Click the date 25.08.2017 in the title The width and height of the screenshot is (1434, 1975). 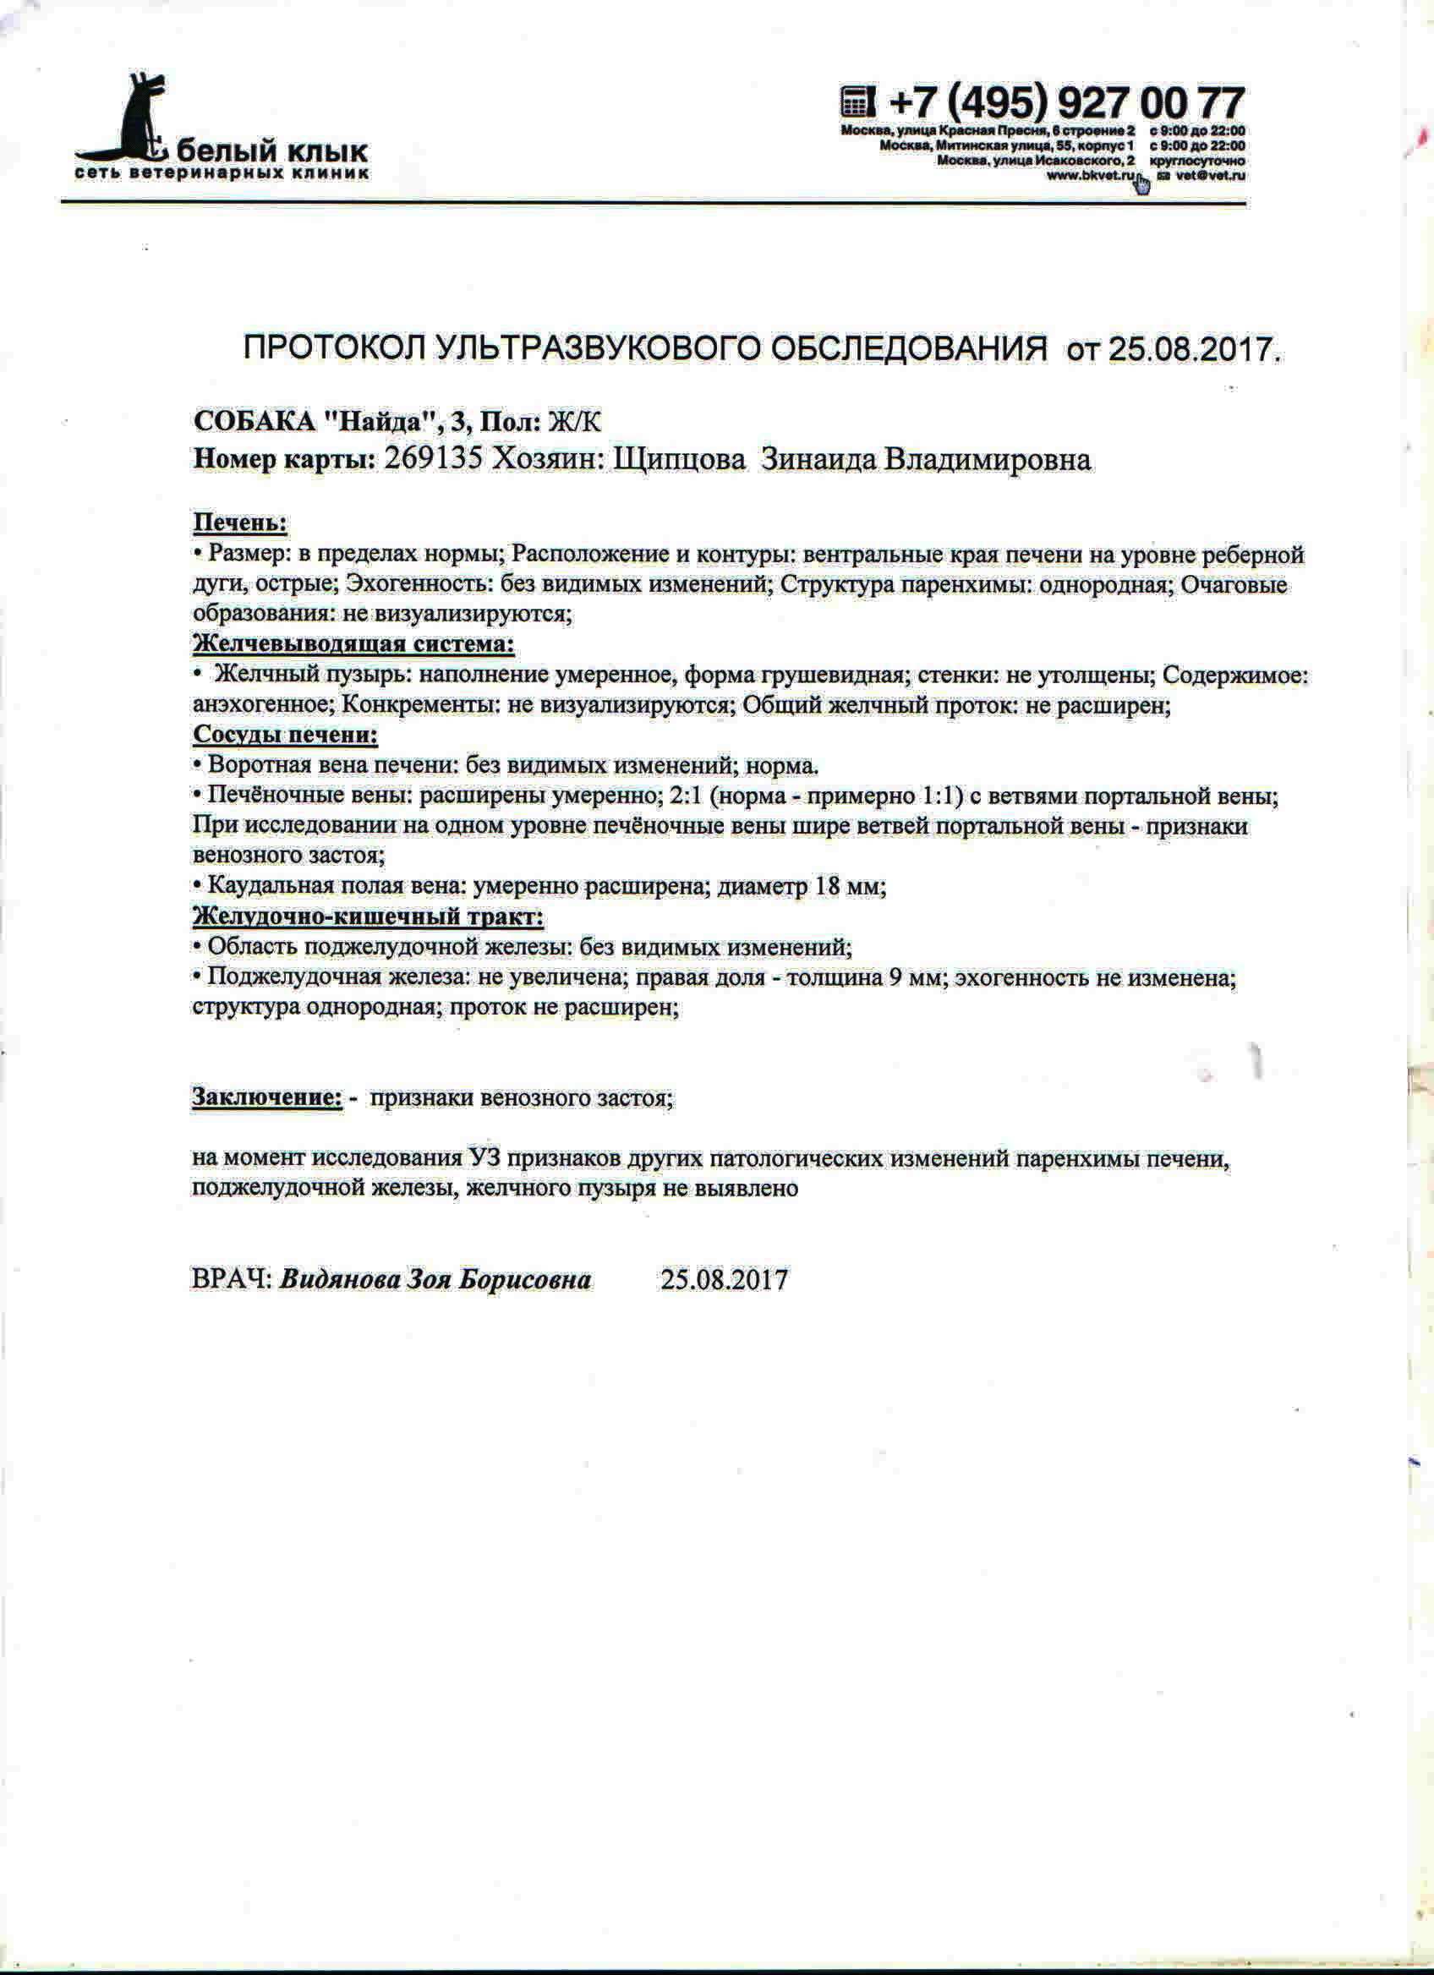(1194, 350)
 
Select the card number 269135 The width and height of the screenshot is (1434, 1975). (433, 459)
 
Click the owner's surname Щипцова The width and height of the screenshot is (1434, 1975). (680, 459)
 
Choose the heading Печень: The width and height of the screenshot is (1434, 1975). (239, 523)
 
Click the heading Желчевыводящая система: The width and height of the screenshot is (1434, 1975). (353, 644)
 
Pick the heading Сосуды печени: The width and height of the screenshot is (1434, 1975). (285, 735)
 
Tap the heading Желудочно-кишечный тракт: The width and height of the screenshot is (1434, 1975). (368, 916)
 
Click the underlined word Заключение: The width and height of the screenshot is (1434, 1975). (266, 1098)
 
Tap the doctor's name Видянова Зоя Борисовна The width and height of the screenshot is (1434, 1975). (435, 1280)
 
